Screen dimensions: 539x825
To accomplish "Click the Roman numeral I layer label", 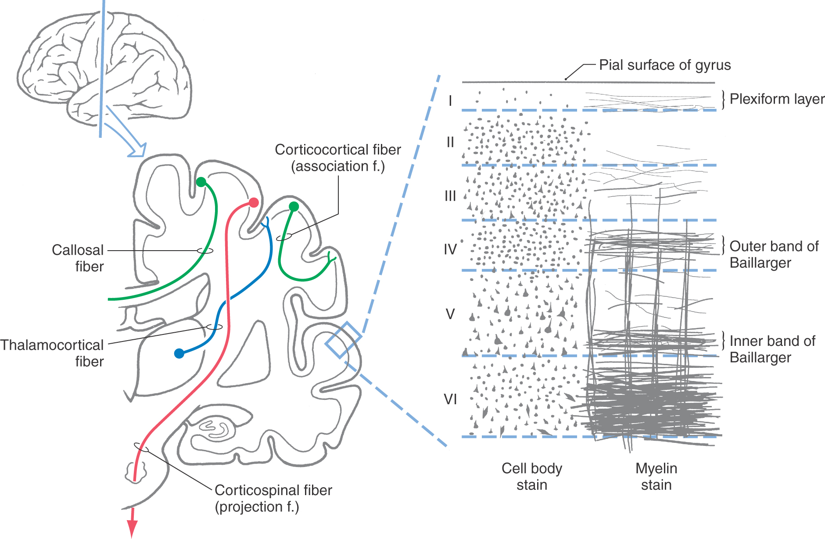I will (450, 101).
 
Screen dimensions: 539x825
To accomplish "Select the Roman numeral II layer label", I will (450, 142).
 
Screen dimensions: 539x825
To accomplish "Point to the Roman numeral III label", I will (450, 196).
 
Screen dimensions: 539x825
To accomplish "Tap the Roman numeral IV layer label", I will (450, 249).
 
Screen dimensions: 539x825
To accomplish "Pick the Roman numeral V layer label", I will (450, 314).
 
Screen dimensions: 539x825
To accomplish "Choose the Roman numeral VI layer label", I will (450, 399).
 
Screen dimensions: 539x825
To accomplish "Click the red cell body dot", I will (254, 202).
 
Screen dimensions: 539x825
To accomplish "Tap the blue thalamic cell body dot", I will (179, 353).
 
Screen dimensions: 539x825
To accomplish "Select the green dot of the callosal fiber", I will (201, 182).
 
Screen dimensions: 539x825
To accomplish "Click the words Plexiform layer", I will (777, 99).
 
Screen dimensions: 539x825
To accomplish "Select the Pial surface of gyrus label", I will (665, 65).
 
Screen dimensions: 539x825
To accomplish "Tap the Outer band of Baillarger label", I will (774, 255).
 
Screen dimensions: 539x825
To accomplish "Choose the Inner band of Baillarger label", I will (772, 349).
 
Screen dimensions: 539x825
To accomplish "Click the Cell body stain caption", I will (532, 477).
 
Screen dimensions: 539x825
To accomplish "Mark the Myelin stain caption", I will (656, 477).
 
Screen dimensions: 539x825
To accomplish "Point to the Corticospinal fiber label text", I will (273, 498).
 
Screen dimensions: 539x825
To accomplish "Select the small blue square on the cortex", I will (343, 340).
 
